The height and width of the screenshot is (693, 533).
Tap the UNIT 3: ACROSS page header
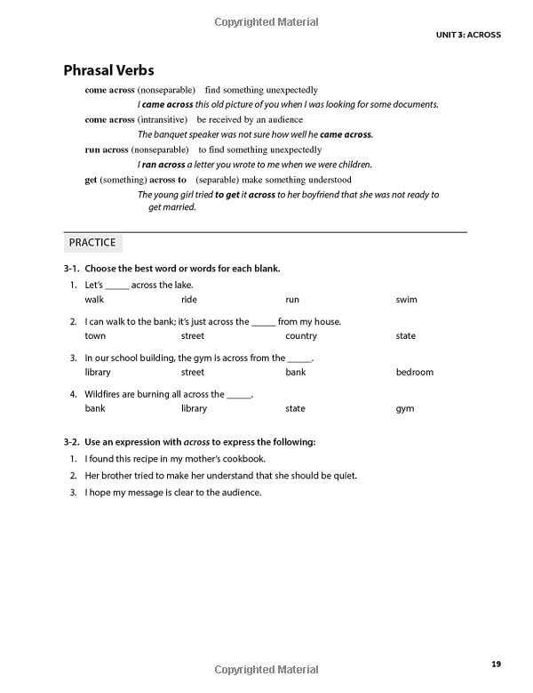(468, 35)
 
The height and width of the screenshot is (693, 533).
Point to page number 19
(496, 663)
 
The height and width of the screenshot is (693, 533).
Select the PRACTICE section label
(91, 242)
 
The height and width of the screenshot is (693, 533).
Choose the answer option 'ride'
(188, 300)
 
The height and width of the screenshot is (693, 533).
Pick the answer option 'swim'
(406, 300)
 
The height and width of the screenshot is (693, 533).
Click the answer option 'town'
(95, 336)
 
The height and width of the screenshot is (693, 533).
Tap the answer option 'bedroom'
(414, 372)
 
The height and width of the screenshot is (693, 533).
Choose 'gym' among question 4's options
(404, 408)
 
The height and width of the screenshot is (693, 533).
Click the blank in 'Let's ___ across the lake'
(117, 286)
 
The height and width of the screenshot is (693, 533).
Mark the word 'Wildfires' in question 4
(104, 394)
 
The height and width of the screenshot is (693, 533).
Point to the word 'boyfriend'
(318, 195)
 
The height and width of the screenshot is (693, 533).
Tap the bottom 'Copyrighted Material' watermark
(267, 668)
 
